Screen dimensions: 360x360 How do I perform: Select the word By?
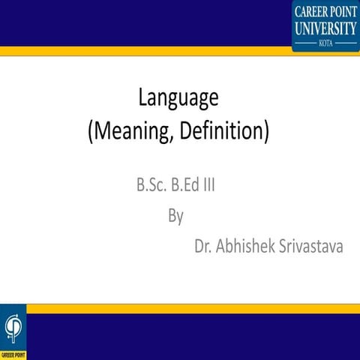(x=175, y=216)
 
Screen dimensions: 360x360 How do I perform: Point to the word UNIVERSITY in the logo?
(x=325, y=28)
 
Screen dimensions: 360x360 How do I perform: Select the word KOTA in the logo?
(x=325, y=43)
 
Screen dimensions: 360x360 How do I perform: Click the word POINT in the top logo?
(x=343, y=13)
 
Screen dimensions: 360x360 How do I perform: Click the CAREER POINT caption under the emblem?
(x=13, y=354)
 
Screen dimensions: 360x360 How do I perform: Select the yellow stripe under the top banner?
(x=150, y=51)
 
